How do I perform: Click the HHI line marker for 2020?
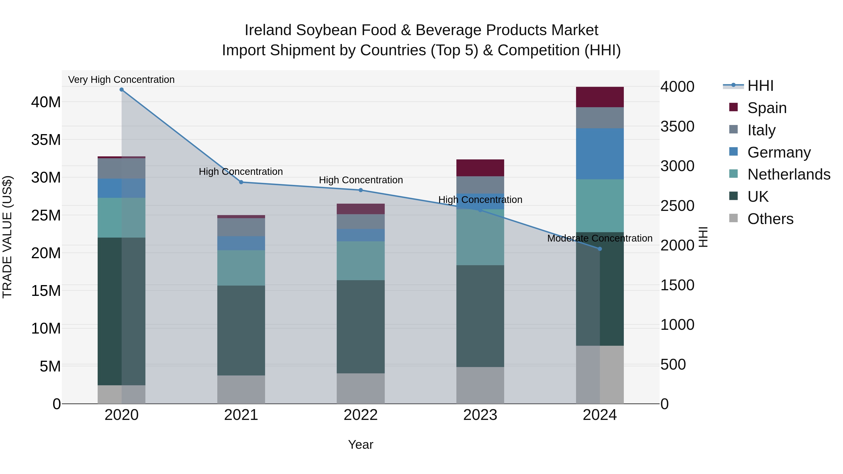tap(121, 90)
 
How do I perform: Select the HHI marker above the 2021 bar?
tap(241, 182)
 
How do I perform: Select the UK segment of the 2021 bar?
tap(241, 330)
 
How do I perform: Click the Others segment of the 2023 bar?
tap(480, 385)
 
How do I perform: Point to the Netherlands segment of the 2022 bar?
tap(361, 261)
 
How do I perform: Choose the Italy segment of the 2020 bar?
tap(121, 169)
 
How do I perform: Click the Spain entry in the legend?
tap(767, 108)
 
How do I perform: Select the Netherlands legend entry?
tap(789, 174)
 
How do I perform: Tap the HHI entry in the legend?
tap(760, 86)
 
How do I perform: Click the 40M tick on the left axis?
tap(46, 102)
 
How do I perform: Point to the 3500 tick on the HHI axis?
tap(677, 127)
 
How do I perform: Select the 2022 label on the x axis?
tap(361, 415)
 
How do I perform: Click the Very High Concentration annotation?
tap(121, 80)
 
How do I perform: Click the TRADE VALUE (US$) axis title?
tap(7, 237)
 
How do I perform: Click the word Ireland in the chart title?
tap(268, 30)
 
